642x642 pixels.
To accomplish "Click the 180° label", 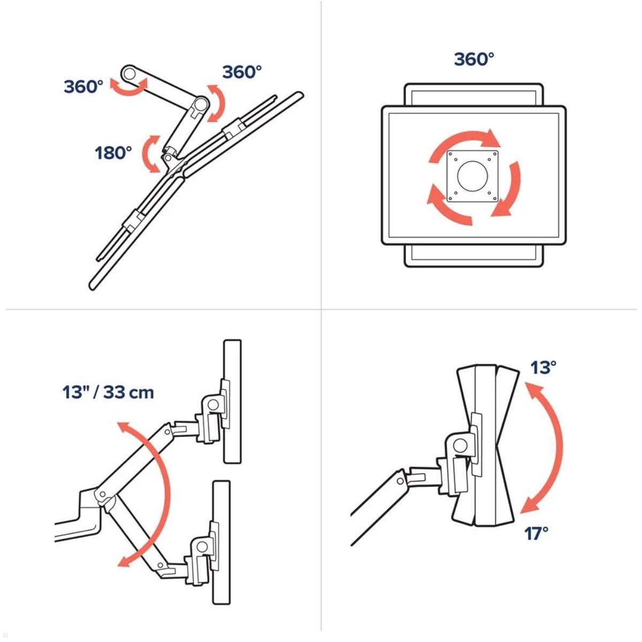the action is [x=113, y=153].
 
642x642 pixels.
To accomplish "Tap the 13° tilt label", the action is [x=543, y=368].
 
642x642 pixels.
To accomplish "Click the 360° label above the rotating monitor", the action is [x=474, y=59].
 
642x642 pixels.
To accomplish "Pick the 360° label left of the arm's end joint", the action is [x=83, y=87].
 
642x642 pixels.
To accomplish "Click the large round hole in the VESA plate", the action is [x=473, y=176].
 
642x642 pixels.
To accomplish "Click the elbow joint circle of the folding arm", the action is [x=202, y=103].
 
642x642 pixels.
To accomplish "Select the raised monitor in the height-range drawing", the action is [x=233, y=402].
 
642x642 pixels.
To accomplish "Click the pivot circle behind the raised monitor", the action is [x=212, y=405].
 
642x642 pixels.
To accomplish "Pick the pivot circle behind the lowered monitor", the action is [x=202, y=547].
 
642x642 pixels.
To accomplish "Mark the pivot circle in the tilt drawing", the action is [x=461, y=445].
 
